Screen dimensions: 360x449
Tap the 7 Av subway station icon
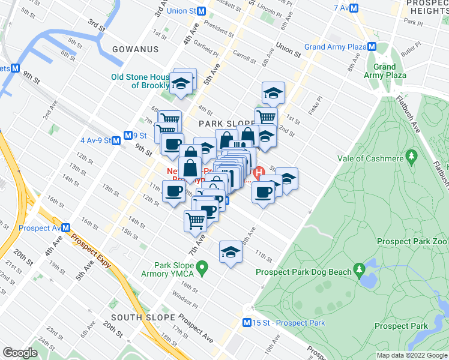pyautogui.click(x=355, y=8)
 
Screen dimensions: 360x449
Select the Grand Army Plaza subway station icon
pyautogui.click(x=373, y=47)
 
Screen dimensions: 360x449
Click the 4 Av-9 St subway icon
pyautogui.click(x=116, y=140)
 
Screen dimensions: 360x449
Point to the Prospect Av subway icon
pyautogui.click(x=66, y=228)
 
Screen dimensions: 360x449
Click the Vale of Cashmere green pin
pyautogui.click(x=411, y=158)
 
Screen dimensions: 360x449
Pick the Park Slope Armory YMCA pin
pyautogui.click(x=202, y=266)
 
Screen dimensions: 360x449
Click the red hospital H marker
pyautogui.click(x=260, y=173)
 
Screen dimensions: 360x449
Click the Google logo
pyautogui.click(x=20, y=353)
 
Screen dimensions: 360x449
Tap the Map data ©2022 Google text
pyautogui.click(x=411, y=355)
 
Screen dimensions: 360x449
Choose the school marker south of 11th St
pyautogui.click(x=231, y=252)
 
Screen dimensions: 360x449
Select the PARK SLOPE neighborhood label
pyautogui.click(x=223, y=122)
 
